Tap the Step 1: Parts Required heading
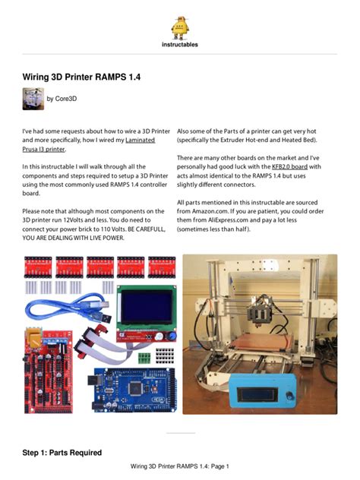(x=62, y=453)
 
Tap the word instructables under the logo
(x=180, y=44)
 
